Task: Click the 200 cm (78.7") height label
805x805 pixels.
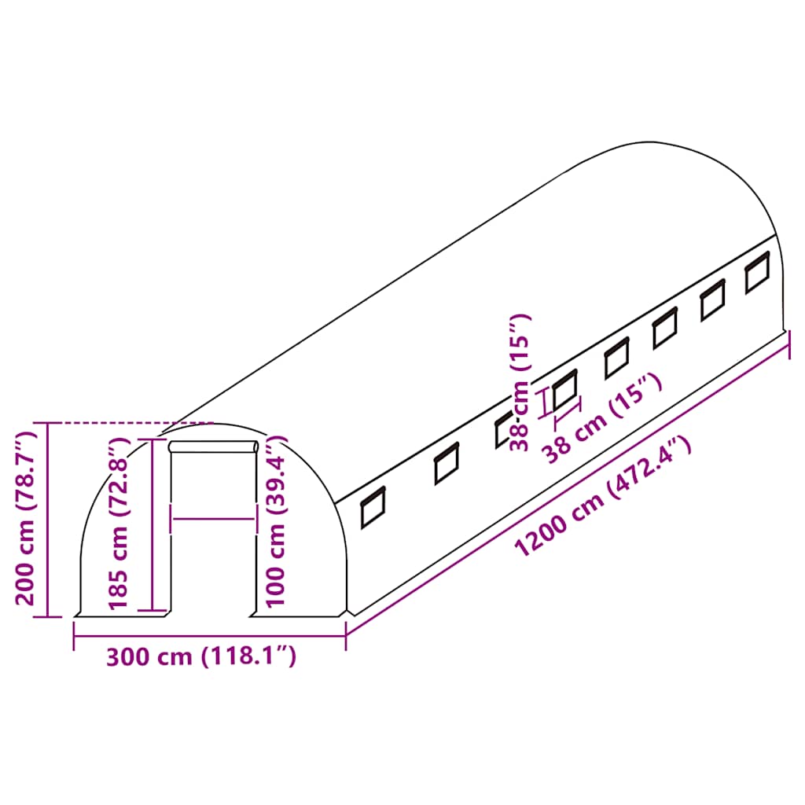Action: [x=27, y=517]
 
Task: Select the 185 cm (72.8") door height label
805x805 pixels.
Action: [x=118, y=525]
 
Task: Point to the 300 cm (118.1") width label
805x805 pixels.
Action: [x=201, y=656]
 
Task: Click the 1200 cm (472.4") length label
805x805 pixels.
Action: [x=603, y=497]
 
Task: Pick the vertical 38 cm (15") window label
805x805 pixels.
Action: [x=520, y=383]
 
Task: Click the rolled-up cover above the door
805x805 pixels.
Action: [x=214, y=447]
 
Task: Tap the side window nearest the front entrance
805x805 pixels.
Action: [x=373, y=507]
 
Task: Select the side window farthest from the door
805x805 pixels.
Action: [x=758, y=273]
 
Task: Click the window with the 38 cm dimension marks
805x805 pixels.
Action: [x=564, y=389]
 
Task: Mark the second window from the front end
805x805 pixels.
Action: [x=447, y=464]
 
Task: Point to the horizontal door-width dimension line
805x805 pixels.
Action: [x=214, y=518]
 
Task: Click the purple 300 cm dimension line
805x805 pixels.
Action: [x=209, y=634]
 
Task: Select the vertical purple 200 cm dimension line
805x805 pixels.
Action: [x=49, y=519]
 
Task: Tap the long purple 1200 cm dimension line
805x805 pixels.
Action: [x=566, y=482]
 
